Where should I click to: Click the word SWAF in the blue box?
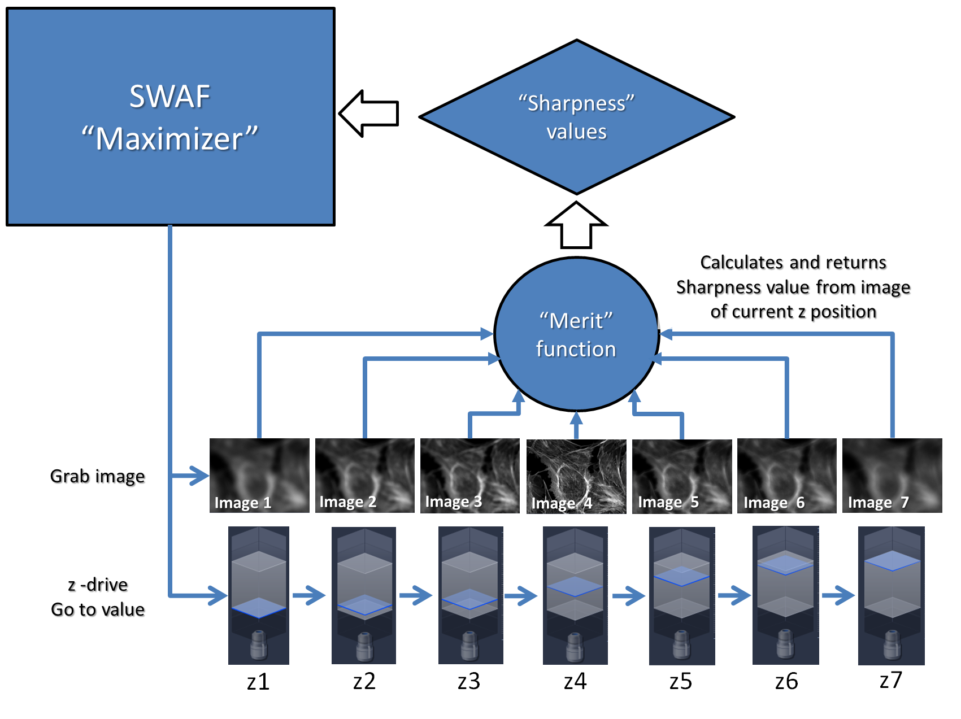pos(169,97)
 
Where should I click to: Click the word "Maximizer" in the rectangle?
pos(169,139)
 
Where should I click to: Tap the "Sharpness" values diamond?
pos(576,117)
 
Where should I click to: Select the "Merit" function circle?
pos(576,334)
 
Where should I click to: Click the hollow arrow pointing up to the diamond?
pos(576,226)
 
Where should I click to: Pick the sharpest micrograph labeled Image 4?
pos(576,476)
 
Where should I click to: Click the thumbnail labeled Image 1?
pos(259,475)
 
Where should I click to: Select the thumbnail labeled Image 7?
pos(892,475)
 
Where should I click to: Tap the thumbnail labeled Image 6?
pos(786,475)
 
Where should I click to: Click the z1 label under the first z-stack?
pos(258,682)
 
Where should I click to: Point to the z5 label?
pos(681,682)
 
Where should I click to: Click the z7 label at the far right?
pos(891,680)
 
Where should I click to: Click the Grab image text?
pos(97,476)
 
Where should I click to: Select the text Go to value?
pos(97,609)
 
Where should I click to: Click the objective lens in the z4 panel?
pos(575,647)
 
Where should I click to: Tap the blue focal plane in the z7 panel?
pos(892,560)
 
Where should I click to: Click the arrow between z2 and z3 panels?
pos(415,595)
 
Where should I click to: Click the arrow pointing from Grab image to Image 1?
pos(190,476)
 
